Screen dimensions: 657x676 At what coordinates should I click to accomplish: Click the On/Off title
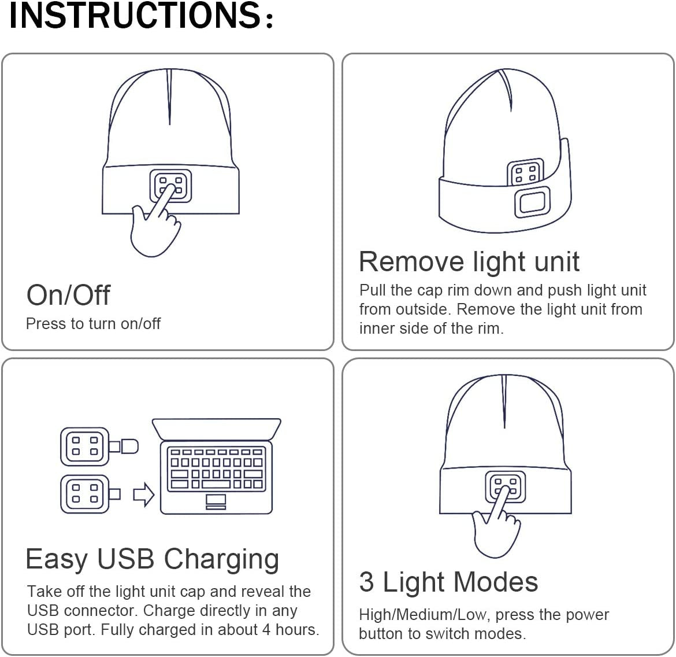68,295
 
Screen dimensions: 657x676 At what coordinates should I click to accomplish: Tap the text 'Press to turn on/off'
93,323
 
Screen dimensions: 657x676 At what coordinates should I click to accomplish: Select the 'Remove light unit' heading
469,261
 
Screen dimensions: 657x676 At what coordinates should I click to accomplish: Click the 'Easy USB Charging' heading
153,559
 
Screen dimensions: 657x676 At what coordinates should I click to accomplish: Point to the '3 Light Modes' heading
448,582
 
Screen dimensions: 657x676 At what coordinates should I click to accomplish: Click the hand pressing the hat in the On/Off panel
151,228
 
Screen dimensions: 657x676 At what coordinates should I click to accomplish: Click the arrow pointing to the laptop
144,494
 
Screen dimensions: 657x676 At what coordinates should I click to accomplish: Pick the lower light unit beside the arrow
84,494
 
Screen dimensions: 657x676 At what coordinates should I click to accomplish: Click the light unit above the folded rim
525,173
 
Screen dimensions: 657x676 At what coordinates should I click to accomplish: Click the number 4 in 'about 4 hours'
266,630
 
